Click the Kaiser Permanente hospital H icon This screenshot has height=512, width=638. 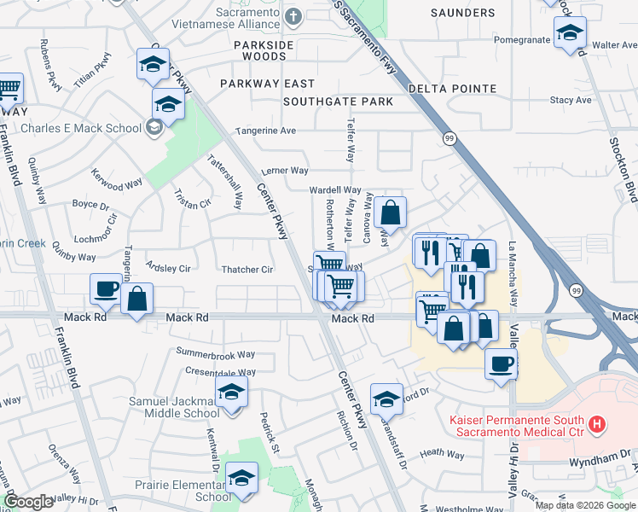pos(597,423)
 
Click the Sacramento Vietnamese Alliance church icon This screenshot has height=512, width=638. pos(293,16)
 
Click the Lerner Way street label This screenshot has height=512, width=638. pos(285,171)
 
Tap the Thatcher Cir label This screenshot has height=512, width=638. pos(246,270)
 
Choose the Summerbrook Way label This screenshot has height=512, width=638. pos(216,353)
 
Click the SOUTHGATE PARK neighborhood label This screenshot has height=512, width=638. pos(338,102)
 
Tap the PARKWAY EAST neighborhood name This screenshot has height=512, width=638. pos(267,84)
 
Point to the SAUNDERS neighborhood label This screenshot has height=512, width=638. pos(462,13)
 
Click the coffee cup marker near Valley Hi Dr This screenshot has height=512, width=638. pos(501,363)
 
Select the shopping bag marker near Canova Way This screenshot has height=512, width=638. pos(390,212)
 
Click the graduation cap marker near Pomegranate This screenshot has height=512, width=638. pos(570,35)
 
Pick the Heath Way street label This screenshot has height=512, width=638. pos(442,455)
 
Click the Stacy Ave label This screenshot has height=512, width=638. pos(571,100)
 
